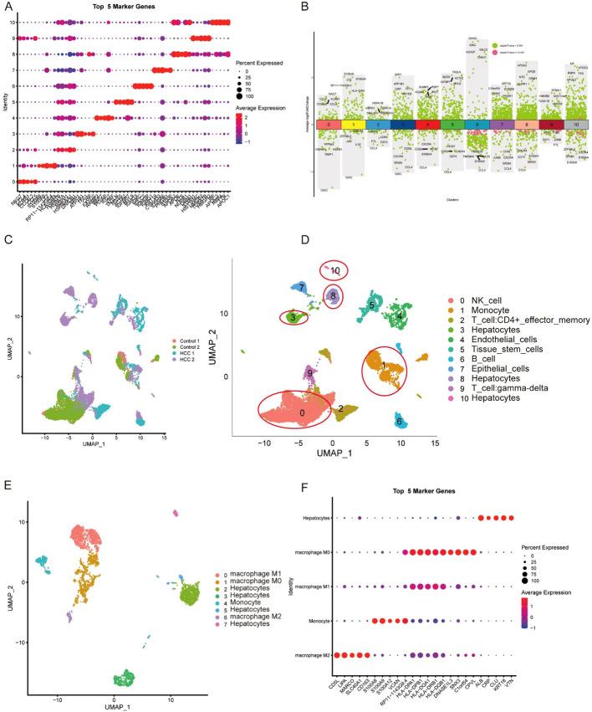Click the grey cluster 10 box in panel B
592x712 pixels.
(x=578, y=124)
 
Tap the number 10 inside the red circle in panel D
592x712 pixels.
(x=335, y=270)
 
